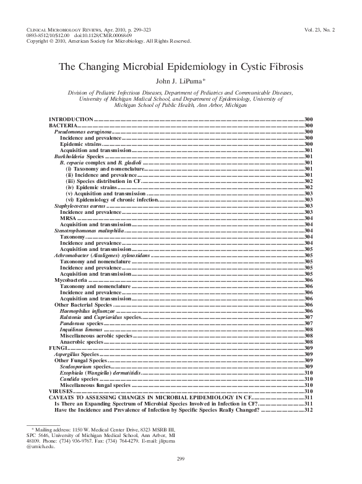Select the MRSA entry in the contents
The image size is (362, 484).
tap(67, 218)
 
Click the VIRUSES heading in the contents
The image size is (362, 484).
tap(61, 392)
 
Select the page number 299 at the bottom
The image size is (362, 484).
tap(181, 475)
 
